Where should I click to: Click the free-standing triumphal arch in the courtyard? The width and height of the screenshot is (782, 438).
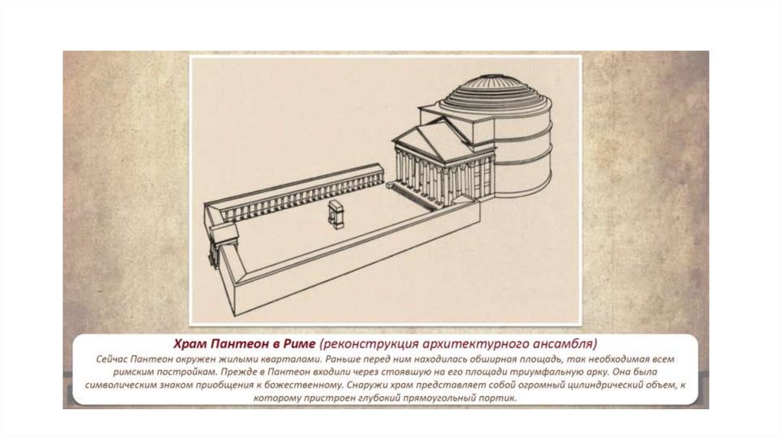coord(336,214)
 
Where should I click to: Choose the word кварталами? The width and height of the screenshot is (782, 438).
coord(289,359)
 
